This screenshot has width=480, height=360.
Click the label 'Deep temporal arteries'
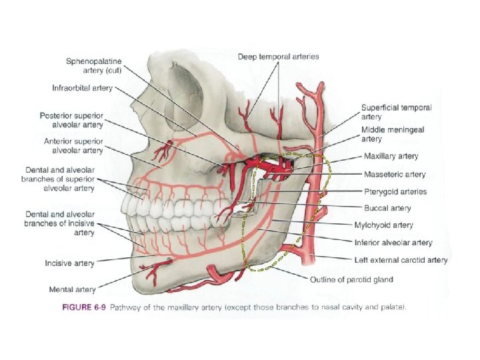click(x=279, y=57)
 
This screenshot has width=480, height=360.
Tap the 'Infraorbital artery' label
click(x=83, y=88)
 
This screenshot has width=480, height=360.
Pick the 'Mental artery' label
click(x=72, y=289)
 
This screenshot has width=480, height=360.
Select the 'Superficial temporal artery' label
click(x=396, y=112)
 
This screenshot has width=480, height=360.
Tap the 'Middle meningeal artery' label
click(x=391, y=135)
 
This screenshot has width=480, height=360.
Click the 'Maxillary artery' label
click(x=391, y=157)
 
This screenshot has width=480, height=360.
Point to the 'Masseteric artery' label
click(x=395, y=175)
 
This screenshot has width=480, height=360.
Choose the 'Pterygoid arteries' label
click(x=395, y=192)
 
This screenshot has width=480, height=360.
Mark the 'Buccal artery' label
click(x=387, y=209)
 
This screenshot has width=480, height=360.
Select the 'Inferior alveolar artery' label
click(x=393, y=243)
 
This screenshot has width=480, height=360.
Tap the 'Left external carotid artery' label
click(x=400, y=260)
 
